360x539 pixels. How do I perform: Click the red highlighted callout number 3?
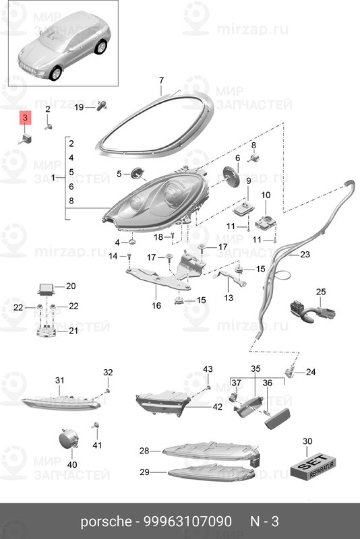pyautogui.click(x=25, y=118)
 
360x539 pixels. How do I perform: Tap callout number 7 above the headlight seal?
pyautogui.click(x=162, y=80)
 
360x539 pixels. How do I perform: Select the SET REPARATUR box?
pyautogui.click(x=313, y=466)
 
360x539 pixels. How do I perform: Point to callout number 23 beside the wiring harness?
pyautogui.click(x=305, y=255)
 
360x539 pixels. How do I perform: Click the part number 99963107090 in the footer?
pyautogui.click(x=187, y=521)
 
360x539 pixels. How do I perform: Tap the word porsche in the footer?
pyautogui.click(x=106, y=522)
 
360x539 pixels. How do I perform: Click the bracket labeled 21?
pyautogui.click(x=46, y=331)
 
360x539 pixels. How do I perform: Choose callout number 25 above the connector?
pyautogui.click(x=321, y=292)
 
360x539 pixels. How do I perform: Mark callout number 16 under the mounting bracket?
pyautogui.click(x=156, y=305)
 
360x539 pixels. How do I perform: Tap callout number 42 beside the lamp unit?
pyautogui.click(x=217, y=407)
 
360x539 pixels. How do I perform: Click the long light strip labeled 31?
pyautogui.click(x=61, y=402)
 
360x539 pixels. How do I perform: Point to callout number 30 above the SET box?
pyautogui.click(x=307, y=441)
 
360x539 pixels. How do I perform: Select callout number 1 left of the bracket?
pyautogui.click(x=53, y=178)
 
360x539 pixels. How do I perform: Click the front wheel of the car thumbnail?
pyautogui.click(x=55, y=73)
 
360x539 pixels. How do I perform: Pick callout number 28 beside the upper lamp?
pyautogui.click(x=144, y=450)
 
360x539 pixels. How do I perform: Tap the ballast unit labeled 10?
pyautogui.click(x=266, y=223)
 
